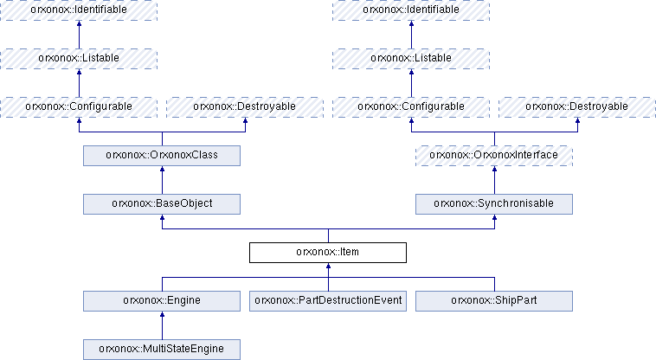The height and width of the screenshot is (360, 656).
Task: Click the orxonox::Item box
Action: pos(328,253)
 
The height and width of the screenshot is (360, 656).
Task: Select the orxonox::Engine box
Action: pos(162,301)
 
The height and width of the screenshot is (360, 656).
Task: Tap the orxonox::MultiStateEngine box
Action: pos(162,350)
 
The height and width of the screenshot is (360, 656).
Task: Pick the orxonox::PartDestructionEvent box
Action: pos(328,301)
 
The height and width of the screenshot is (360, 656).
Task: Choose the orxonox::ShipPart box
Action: pos(494,301)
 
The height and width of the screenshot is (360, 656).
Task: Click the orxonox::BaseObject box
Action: pos(162,204)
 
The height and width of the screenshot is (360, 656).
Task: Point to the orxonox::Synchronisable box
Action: pos(494,204)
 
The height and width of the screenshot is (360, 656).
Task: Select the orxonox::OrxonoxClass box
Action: pos(162,156)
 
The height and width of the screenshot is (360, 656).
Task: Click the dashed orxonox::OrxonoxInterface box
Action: pos(494,156)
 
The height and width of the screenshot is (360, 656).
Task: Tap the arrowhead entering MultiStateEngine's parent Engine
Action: pos(163,314)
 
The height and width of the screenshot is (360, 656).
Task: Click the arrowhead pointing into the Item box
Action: pos(328,266)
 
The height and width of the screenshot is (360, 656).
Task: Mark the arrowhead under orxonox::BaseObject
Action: pos(163,217)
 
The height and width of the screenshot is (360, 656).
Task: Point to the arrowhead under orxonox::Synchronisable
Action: pos(494,217)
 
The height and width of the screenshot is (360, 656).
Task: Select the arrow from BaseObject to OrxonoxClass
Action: pos(163,180)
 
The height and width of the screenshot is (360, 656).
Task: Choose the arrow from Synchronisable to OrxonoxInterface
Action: pos(494,180)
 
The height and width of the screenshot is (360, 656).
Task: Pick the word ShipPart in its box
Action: pos(516,300)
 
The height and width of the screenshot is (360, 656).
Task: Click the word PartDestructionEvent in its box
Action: pos(350,300)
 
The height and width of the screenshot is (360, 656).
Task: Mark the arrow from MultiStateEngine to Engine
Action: pos(163,325)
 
